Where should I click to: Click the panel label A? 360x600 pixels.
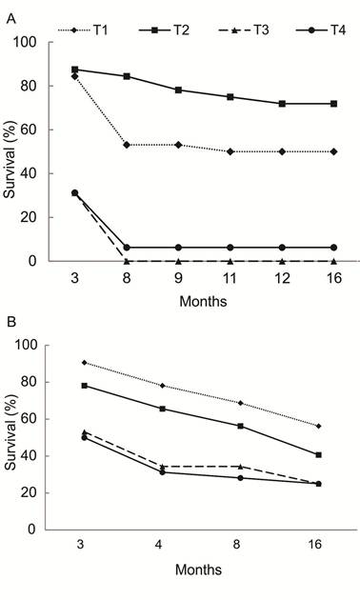point(8,8)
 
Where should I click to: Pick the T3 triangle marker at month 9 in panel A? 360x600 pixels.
point(177,260)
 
